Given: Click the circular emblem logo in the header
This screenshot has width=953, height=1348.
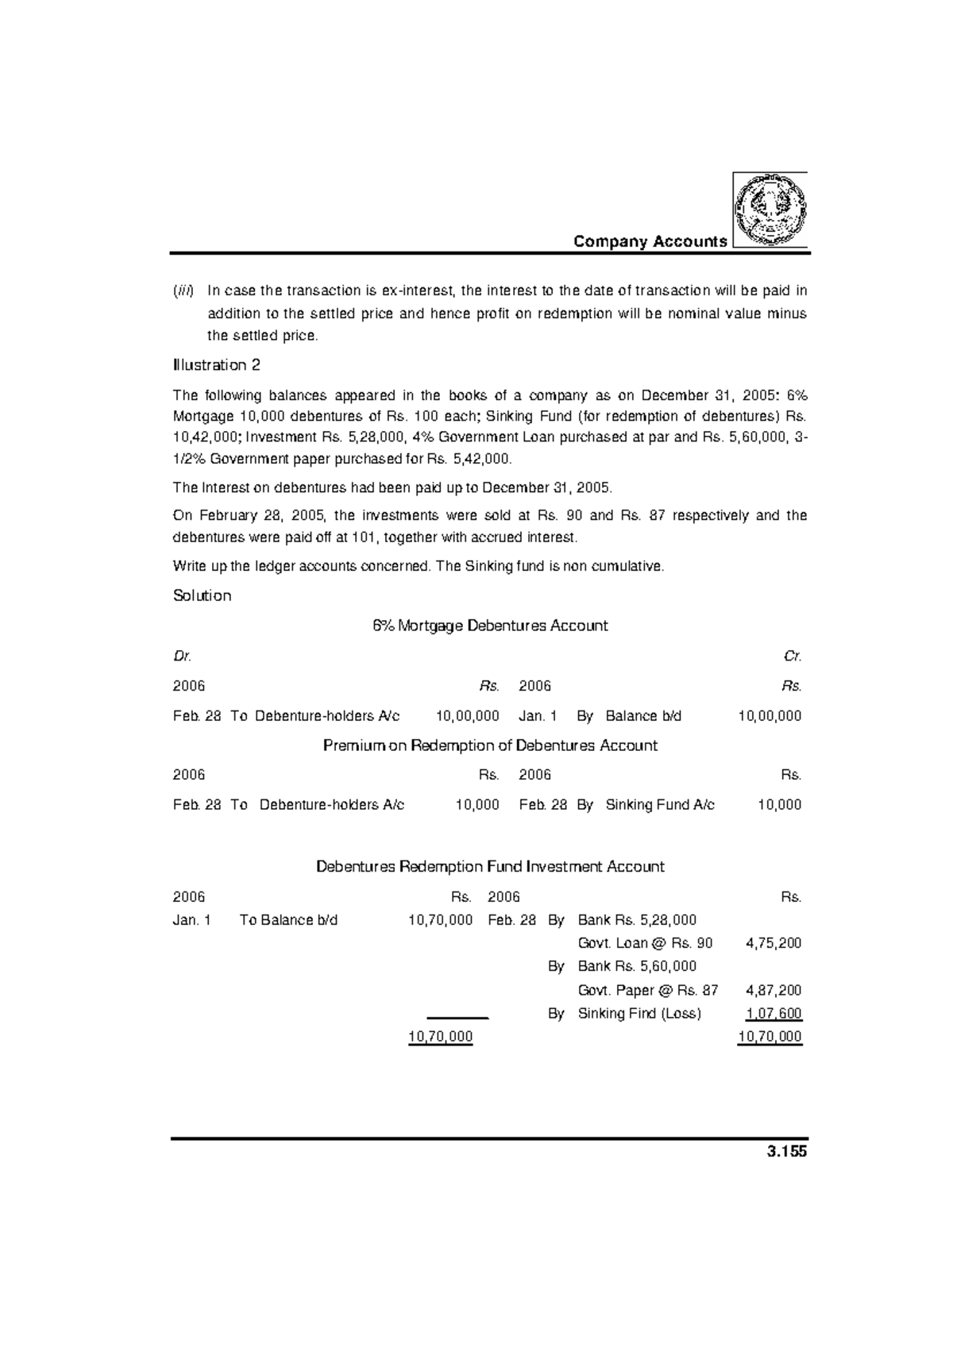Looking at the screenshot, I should click(x=770, y=210).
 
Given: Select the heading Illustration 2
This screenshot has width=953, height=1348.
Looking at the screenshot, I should click(x=216, y=365).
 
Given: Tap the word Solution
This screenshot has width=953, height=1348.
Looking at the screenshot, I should click(x=202, y=595).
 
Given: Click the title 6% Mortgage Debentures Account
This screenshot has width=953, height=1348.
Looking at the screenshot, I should click(x=490, y=626).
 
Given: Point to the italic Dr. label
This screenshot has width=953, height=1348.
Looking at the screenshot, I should click(x=182, y=657).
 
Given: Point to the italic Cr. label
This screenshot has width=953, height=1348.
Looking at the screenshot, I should click(x=792, y=657).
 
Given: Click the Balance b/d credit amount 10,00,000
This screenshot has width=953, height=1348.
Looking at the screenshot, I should click(x=769, y=715).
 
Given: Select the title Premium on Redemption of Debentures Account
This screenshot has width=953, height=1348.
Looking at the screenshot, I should click(x=490, y=745).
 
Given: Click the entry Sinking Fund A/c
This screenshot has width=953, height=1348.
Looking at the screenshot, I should click(x=659, y=804).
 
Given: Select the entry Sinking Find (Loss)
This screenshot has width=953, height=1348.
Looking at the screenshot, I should click(x=639, y=1014).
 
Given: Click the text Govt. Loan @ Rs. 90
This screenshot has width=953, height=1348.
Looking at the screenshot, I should click(x=645, y=943).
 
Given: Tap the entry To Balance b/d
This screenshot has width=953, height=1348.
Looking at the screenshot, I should click(x=288, y=920).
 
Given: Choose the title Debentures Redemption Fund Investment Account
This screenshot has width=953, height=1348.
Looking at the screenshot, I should click(x=490, y=866).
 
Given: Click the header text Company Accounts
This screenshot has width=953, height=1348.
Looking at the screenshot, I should click(x=650, y=241).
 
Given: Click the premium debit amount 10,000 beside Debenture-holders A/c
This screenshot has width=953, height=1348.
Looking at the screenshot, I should click(x=476, y=804).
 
